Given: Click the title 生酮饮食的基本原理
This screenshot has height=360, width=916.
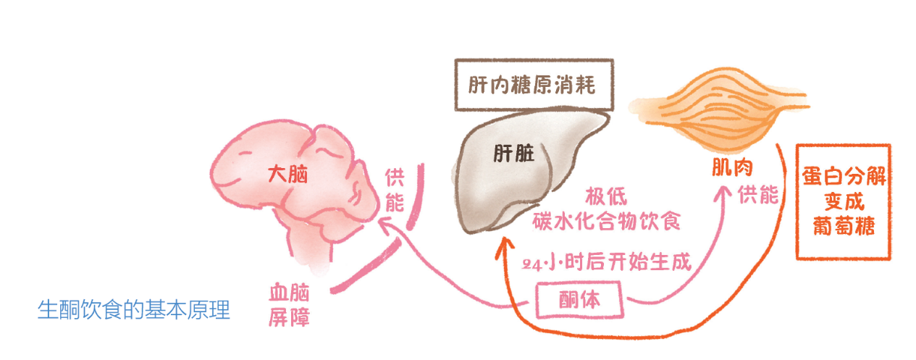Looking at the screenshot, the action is [134, 310].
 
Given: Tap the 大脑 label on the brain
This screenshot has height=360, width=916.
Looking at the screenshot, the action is [287, 174].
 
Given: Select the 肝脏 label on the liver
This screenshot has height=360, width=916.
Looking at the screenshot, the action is [514, 154].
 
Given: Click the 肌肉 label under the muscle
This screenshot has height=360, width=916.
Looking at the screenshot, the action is [732, 167].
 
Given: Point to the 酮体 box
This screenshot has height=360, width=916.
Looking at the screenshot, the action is [580, 300].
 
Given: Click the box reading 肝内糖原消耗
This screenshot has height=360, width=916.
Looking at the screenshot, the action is [534, 85].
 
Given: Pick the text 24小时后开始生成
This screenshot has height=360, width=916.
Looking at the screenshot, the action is [606, 261].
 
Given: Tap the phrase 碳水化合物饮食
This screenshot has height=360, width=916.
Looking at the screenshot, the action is [606, 222].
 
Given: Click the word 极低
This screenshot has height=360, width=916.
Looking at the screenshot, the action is [606, 196].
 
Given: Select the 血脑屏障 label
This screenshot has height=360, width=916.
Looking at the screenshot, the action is [290, 305].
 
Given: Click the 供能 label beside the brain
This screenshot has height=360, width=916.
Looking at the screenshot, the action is [395, 191].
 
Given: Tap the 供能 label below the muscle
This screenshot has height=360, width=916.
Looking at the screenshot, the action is [757, 194].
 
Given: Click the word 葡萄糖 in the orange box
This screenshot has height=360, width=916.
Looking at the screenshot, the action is [844, 226].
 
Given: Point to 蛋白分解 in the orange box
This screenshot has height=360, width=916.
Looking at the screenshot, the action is [844, 176].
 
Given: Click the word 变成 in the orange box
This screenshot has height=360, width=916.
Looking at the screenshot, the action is [844, 201].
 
